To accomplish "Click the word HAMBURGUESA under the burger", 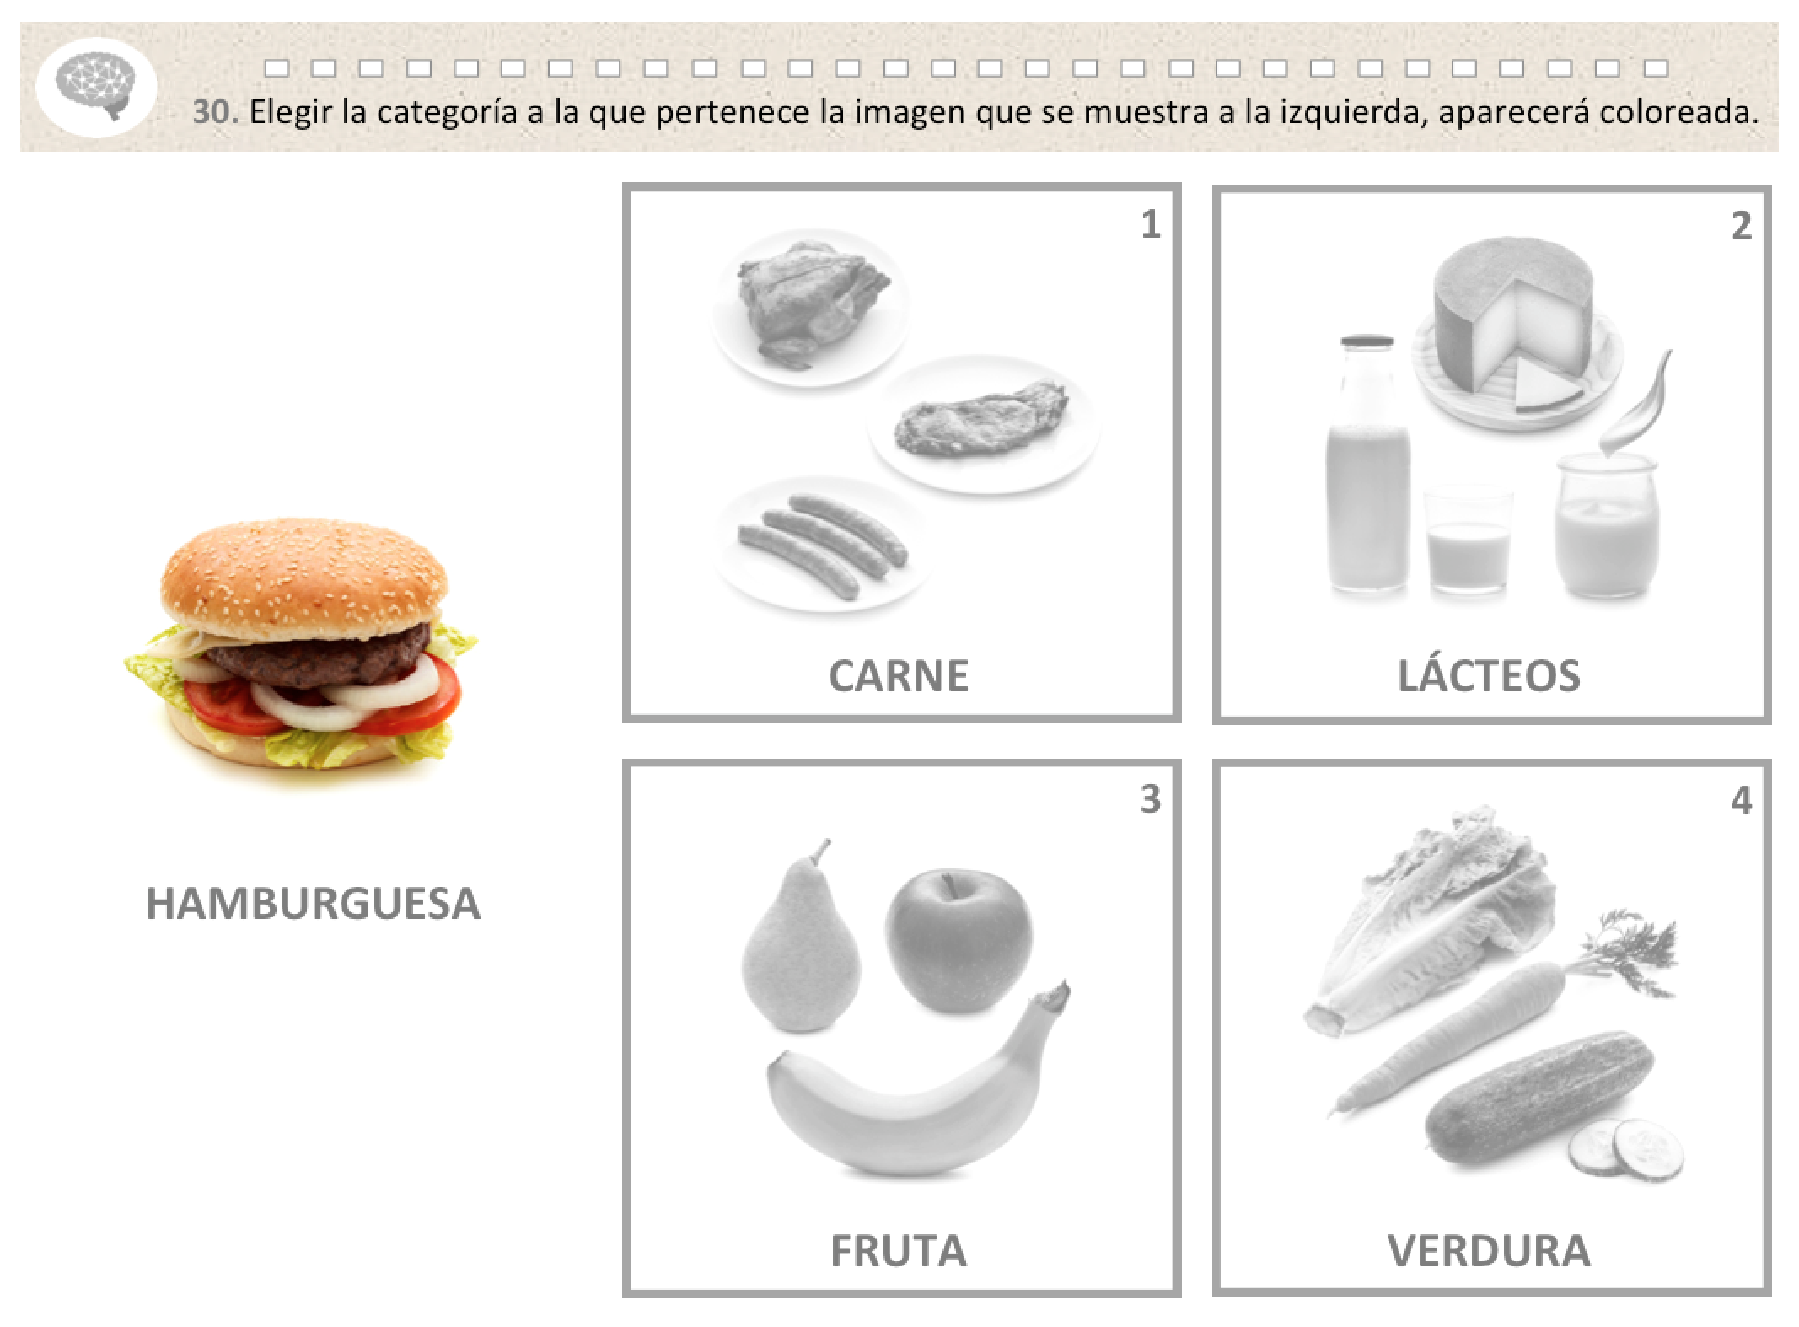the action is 313,903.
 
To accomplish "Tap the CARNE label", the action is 899,675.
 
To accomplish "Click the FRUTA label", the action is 899,1250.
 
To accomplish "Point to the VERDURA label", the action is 1489,1250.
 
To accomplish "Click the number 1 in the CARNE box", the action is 1151,224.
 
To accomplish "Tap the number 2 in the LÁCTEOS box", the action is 1742,225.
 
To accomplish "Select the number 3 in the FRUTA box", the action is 1151,799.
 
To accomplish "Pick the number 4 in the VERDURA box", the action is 1742,801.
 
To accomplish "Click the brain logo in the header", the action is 95,85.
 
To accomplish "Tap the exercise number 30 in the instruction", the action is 216,112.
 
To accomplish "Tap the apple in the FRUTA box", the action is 958,943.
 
